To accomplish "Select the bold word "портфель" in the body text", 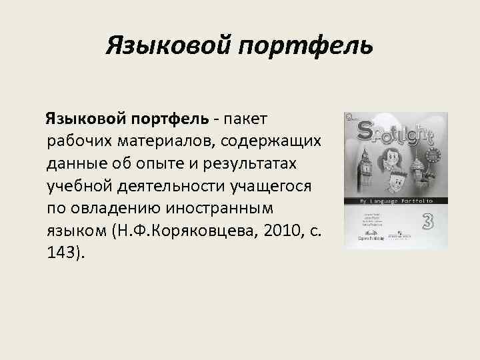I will [x=171, y=119].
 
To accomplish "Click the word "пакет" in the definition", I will [x=245, y=119].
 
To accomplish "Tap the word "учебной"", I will [x=81, y=185].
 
